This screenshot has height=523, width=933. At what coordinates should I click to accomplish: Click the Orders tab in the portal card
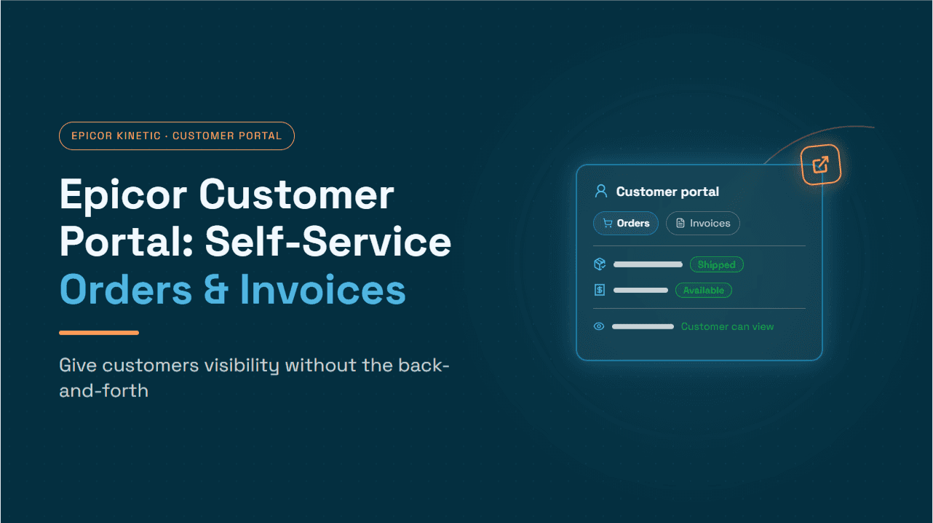(x=626, y=224)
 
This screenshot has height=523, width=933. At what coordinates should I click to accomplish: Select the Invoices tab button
(x=703, y=224)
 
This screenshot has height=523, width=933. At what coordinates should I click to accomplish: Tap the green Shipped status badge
(x=716, y=264)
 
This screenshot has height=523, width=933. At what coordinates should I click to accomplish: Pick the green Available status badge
(x=704, y=290)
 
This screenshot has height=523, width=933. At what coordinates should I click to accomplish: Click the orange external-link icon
(x=820, y=165)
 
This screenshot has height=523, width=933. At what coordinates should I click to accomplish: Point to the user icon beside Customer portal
(x=601, y=192)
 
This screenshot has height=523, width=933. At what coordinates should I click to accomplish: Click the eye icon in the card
(x=599, y=326)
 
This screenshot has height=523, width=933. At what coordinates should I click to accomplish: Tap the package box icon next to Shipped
(x=600, y=264)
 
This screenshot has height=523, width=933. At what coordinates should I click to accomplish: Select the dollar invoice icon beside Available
(x=600, y=290)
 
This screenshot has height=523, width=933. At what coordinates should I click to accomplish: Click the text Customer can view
(x=727, y=327)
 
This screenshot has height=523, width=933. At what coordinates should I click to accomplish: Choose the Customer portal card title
(x=667, y=192)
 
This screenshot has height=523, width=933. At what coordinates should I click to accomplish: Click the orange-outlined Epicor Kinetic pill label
(x=177, y=136)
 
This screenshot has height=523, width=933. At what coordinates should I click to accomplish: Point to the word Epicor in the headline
(x=124, y=195)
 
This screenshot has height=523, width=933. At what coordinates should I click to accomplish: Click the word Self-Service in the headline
(x=328, y=242)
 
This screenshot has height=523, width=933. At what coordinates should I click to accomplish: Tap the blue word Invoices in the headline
(x=323, y=290)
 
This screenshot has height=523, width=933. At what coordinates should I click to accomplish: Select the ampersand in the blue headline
(x=216, y=290)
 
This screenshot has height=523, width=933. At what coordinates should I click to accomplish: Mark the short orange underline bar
(x=99, y=333)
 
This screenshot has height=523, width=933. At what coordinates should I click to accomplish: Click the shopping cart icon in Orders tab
(x=608, y=224)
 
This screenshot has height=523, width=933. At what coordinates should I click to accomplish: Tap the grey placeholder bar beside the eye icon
(x=643, y=327)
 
